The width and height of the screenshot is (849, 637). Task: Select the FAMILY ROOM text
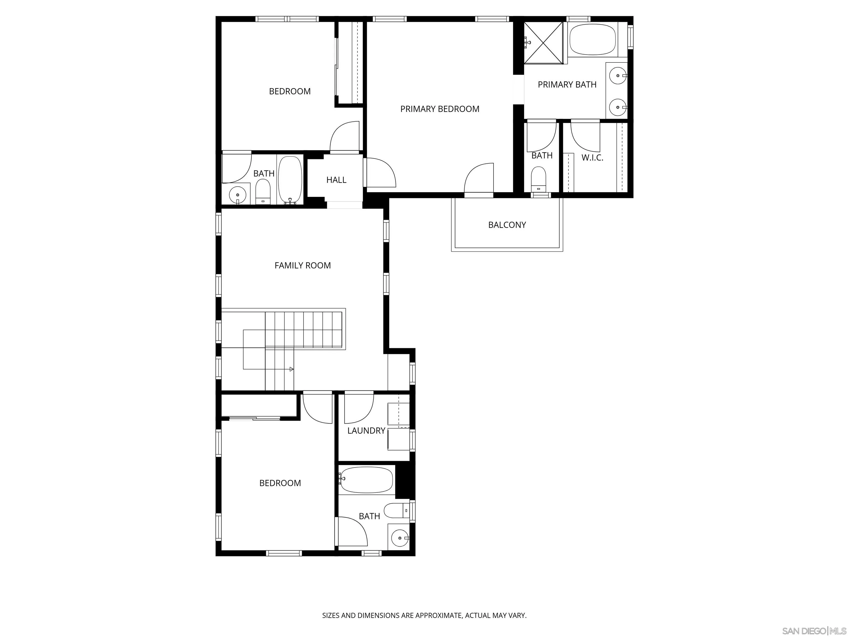pos(302,265)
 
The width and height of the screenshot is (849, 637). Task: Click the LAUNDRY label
pos(366,431)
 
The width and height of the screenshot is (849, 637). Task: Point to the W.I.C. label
pos(592,157)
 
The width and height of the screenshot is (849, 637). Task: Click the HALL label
pos(336,180)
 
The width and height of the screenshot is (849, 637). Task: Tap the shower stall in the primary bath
pos(544,42)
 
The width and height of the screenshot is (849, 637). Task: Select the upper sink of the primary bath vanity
pos(618,76)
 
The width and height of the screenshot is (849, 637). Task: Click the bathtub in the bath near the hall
pos(290,179)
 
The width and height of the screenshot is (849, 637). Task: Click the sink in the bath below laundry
pos(400,538)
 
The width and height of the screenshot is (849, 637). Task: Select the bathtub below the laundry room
pos(366,480)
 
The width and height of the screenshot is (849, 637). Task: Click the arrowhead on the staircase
pos(291,369)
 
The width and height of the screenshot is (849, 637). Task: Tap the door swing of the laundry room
pos(359,407)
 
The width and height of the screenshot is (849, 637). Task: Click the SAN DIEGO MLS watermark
pos(814,631)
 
